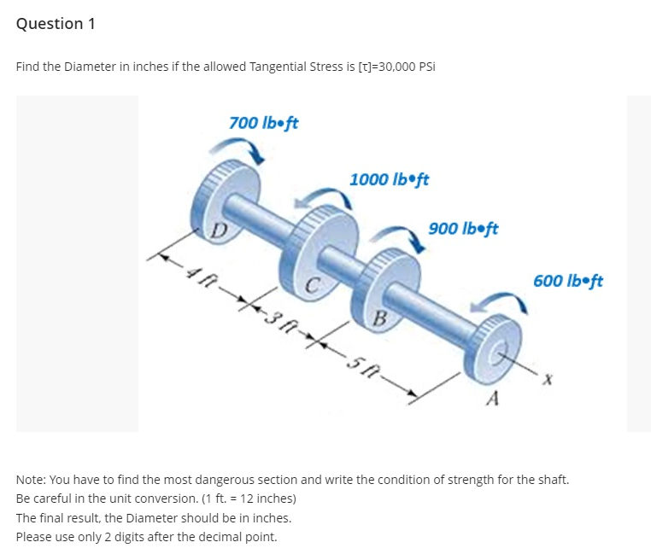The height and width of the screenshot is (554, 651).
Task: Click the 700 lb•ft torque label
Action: coord(263,123)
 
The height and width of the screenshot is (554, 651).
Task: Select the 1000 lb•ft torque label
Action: coord(389,179)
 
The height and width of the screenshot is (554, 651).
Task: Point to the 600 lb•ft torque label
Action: coord(568,280)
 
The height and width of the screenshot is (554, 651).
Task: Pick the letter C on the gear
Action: coord(313,284)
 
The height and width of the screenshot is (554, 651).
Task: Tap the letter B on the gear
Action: coord(382,319)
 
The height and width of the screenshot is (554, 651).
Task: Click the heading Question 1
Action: coord(56,24)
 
